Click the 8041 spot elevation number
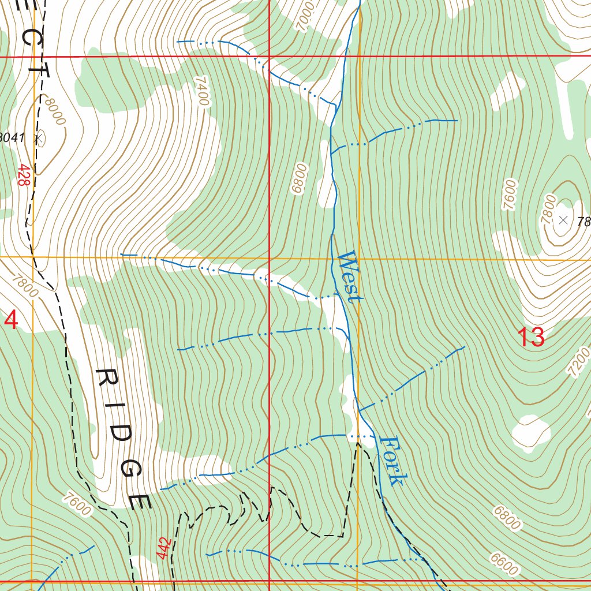(x=12, y=137)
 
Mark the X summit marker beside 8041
(x=39, y=138)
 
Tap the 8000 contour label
(x=54, y=111)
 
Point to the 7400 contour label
(x=201, y=91)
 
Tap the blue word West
(x=349, y=276)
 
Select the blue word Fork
(x=394, y=461)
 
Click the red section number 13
(x=530, y=337)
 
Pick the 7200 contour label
(x=579, y=362)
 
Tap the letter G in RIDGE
(x=130, y=468)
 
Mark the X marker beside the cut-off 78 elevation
(x=564, y=219)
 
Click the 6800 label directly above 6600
(x=507, y=517)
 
